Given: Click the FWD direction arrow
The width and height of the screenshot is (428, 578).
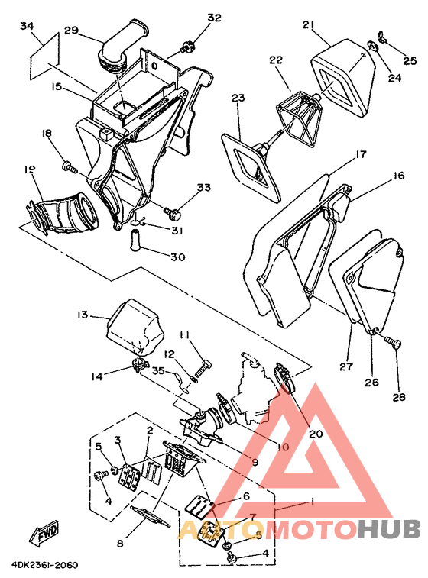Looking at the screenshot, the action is tap(44, 534).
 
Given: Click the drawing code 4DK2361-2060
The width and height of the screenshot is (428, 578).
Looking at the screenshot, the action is tap(44, 565).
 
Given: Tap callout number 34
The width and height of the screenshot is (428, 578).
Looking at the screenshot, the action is tap(27, 26).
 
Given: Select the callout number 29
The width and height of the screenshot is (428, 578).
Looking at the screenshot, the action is tap(72, 30).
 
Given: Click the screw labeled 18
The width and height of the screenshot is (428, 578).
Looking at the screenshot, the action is tap(70, 167).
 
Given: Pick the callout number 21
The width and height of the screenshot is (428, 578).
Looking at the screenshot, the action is tap(309, 24).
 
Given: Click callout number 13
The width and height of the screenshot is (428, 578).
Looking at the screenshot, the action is tap(83, 315).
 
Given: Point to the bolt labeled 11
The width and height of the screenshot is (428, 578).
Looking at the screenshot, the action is tap(201, 369).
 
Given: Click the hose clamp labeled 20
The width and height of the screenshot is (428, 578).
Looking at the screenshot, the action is tap(286, 379).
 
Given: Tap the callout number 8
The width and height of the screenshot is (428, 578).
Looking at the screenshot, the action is tap(120, 543).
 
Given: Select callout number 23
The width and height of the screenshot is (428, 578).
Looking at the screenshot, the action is tap(238, 98).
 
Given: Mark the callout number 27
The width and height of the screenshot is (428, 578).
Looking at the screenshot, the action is tap(346, 366).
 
